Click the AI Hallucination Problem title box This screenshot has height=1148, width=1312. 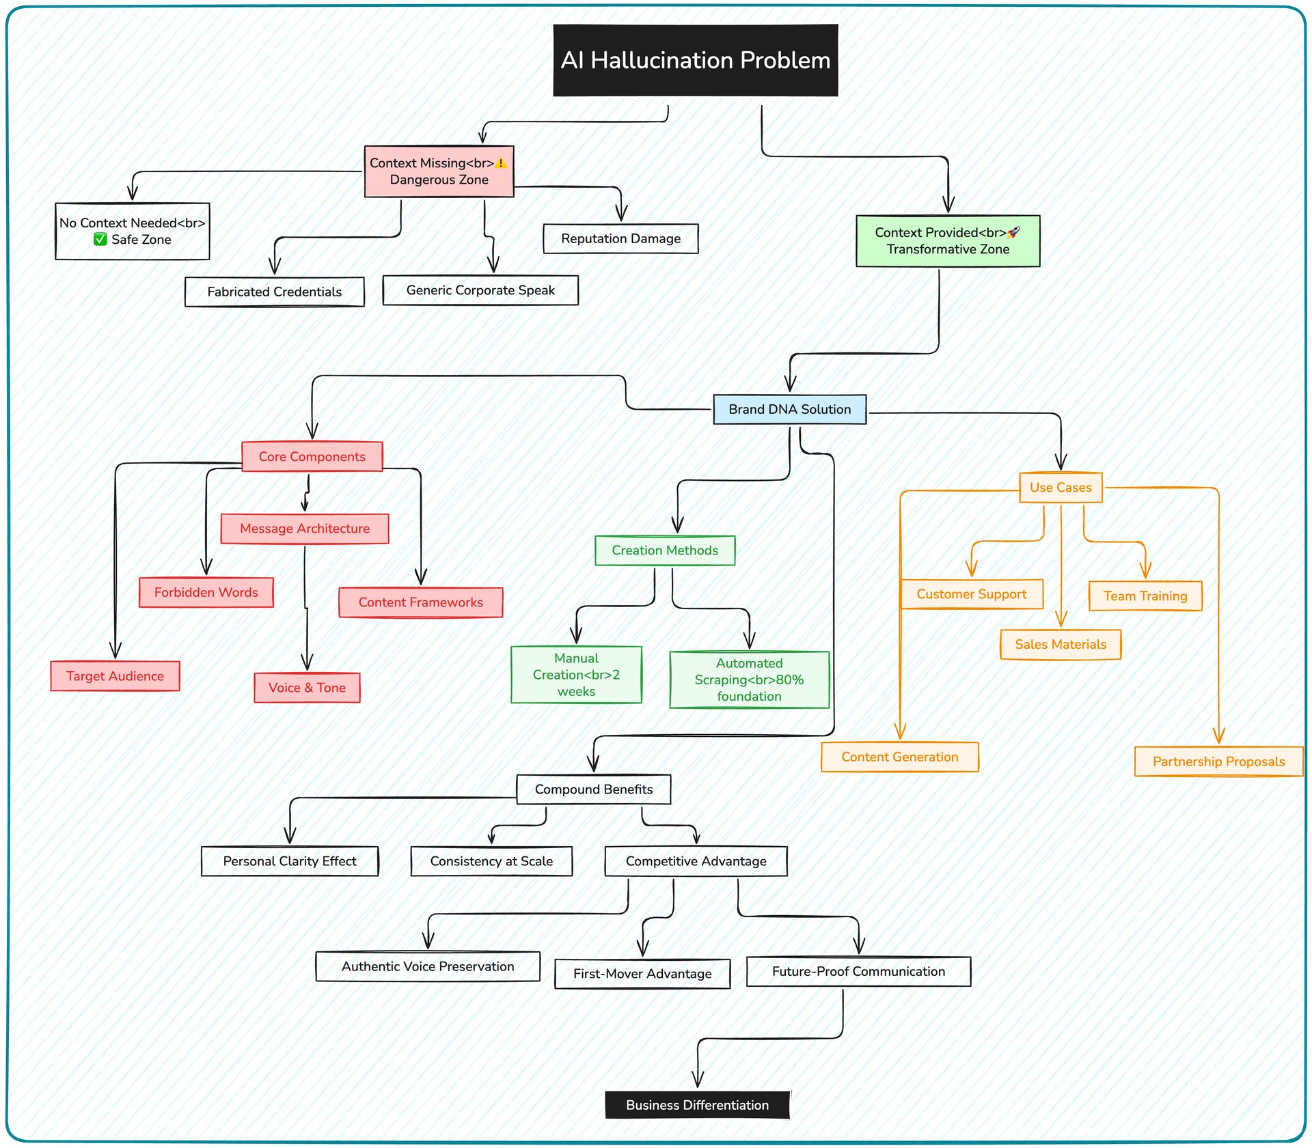click(x=695, y=60)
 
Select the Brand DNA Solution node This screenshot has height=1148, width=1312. click(x=789, y=409)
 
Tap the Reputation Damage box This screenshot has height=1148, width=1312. click(x=620, y=238)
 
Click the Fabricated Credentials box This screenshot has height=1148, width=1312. click(x=274, y=292)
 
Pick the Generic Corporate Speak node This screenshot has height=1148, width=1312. click(x=480, y=290)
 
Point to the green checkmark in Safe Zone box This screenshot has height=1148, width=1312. click(x=100, y=239)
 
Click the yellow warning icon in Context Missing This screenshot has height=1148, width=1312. click(x=501, y=163)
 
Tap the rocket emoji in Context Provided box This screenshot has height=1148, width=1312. click(x=1013, y=232)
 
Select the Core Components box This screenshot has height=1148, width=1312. click(x=312, y=456)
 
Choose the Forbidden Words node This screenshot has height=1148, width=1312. click(x=206, y=592)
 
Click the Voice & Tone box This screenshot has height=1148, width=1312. click(x=307, y=688)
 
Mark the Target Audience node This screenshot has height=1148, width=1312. click(x=115, y=676)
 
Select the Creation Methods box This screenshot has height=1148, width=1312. click(x=665, y=550)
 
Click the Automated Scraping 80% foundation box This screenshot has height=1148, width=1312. click(x=749, y=680)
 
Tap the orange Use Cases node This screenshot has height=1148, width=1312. click(x=1061, y=488)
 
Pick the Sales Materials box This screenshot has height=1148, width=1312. click(x=1061, y=645)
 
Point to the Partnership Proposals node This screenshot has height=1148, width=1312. click(x=1218, y=761)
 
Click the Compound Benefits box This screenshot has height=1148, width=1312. click(x=594, y=789)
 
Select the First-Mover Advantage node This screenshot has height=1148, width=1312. click(x=642, y=974)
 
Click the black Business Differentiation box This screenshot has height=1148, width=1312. click(x=698, y=1105)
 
